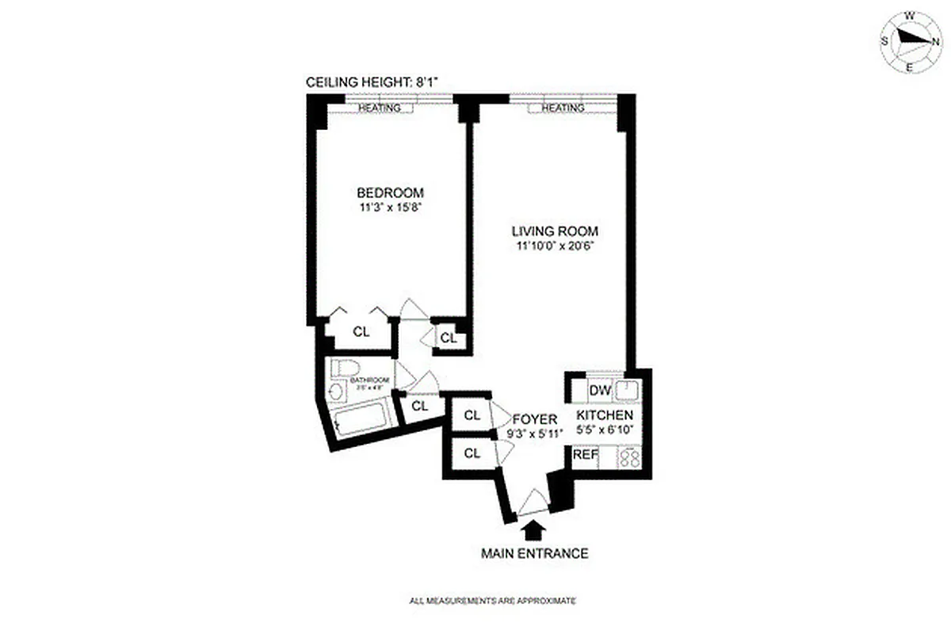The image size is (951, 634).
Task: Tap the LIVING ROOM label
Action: click(554, 231)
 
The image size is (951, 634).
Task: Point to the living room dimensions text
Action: click(554, 246)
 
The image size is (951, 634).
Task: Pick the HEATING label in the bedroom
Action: click(379, 108)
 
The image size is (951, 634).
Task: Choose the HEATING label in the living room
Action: click(563, 108)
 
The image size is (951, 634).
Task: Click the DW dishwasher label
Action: click(599, 391)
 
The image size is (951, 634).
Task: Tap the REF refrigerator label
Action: click(585, 455)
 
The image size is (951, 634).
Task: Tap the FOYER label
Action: click(534, 418)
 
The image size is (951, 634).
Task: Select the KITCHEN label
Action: click(604, 415)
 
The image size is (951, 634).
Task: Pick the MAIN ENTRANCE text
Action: click(534, 553)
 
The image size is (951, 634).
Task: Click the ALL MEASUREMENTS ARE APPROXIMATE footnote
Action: click(491, 602)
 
